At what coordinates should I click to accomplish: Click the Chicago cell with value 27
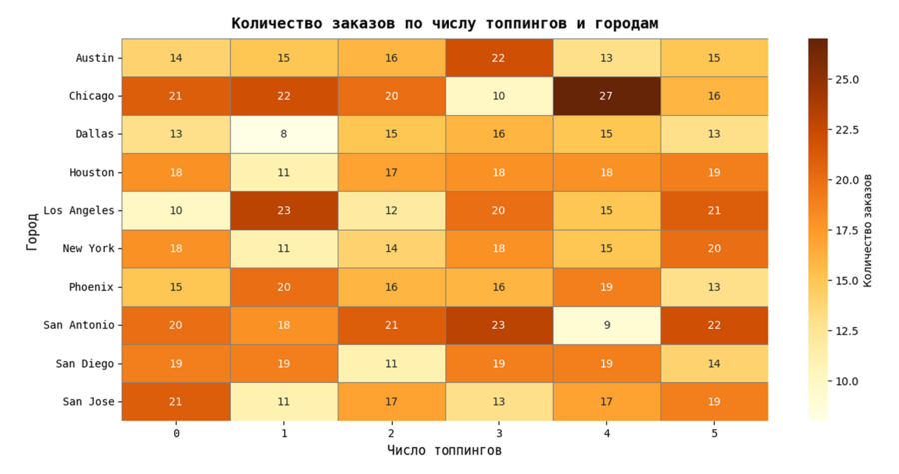click(x=606, y=96)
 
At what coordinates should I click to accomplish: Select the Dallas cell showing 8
click(x=284, y=134)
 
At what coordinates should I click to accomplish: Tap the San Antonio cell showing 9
click(x=606, y=325)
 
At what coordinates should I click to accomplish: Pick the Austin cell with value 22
click(x=498, y=58)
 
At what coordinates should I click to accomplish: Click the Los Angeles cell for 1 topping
click(x=284, y=211)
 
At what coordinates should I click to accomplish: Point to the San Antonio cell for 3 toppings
click(x=498, y=325)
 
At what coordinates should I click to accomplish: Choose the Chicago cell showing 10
click(x=498, y=96)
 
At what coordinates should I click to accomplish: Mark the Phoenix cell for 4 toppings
click(x=606, y=287)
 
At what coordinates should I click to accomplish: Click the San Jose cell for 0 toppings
click(x=176, y=402)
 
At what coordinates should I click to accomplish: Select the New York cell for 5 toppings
click(x=714, y=249)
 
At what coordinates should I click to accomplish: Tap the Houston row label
click(x=92, y=173)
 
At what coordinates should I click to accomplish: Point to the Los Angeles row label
click(x=79, y=211)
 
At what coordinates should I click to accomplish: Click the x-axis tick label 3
click(x=498, y=433)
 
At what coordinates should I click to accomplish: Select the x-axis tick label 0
click(x=176, y=433)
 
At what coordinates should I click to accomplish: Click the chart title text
click(x=445, y=23)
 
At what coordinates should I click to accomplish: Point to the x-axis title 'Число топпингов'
click(x=445, y=451)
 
